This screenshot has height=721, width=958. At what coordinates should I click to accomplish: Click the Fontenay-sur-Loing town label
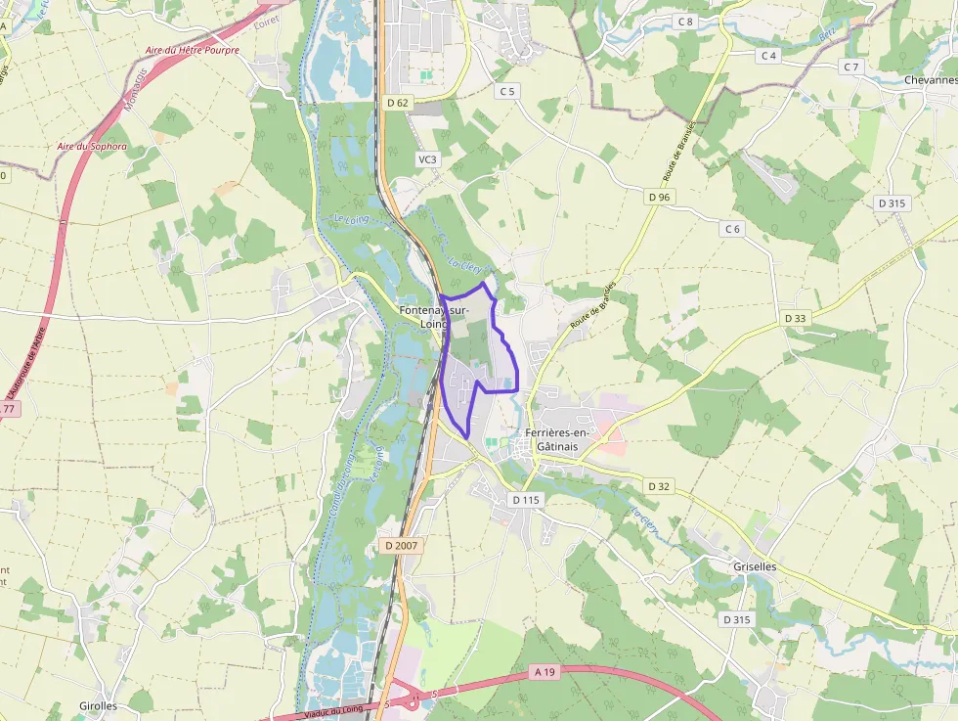point(434,317)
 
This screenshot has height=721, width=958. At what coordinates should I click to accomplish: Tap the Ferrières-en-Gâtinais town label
point(557,439)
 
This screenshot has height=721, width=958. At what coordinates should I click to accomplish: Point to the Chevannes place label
point(930,80)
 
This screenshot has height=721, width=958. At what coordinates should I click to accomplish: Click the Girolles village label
point(98,705)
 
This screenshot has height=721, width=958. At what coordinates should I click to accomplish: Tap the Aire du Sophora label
point(92,147)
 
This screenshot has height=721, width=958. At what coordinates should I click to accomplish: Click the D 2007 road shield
point(401,545)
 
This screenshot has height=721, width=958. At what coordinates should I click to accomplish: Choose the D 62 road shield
point(397,102)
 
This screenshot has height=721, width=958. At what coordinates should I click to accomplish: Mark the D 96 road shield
point(659,197)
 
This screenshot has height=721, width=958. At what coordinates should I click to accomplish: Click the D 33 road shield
point(796,318)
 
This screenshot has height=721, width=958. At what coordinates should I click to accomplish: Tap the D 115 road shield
point(526,500)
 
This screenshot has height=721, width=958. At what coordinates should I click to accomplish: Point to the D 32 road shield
point(659,486)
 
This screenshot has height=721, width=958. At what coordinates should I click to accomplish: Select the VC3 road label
point(427,158)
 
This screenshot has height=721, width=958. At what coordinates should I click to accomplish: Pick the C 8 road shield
point(685,22)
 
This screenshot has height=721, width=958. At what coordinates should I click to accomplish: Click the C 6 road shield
point(733,229)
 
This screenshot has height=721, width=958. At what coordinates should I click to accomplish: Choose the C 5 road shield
point(506,91)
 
